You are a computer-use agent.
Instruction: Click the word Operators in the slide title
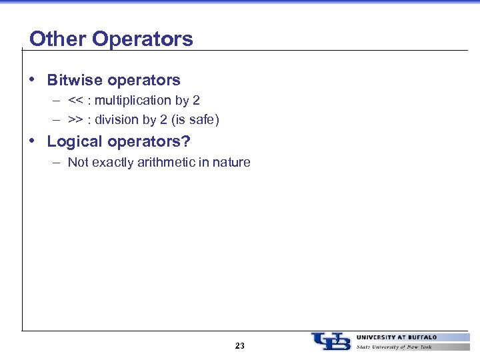(x=142, y=39)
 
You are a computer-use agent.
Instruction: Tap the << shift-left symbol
(x=75, y=101)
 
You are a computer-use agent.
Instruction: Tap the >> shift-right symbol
(x=75, y=121)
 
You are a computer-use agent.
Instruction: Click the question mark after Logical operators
(x=186, y=141)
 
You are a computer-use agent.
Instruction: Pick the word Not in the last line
(x=78, y=162)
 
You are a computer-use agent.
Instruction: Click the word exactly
(x=115, y=162)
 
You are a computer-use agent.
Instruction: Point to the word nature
(x=232, y=162)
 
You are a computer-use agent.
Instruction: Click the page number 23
(x=240, y=345)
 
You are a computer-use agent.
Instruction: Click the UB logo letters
(x=331, y=341)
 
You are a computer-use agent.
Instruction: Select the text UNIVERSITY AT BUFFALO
(x=397, y=337)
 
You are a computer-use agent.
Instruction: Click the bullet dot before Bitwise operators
(x=33, y=79)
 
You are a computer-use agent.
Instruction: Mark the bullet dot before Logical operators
(x=33, y=141)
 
